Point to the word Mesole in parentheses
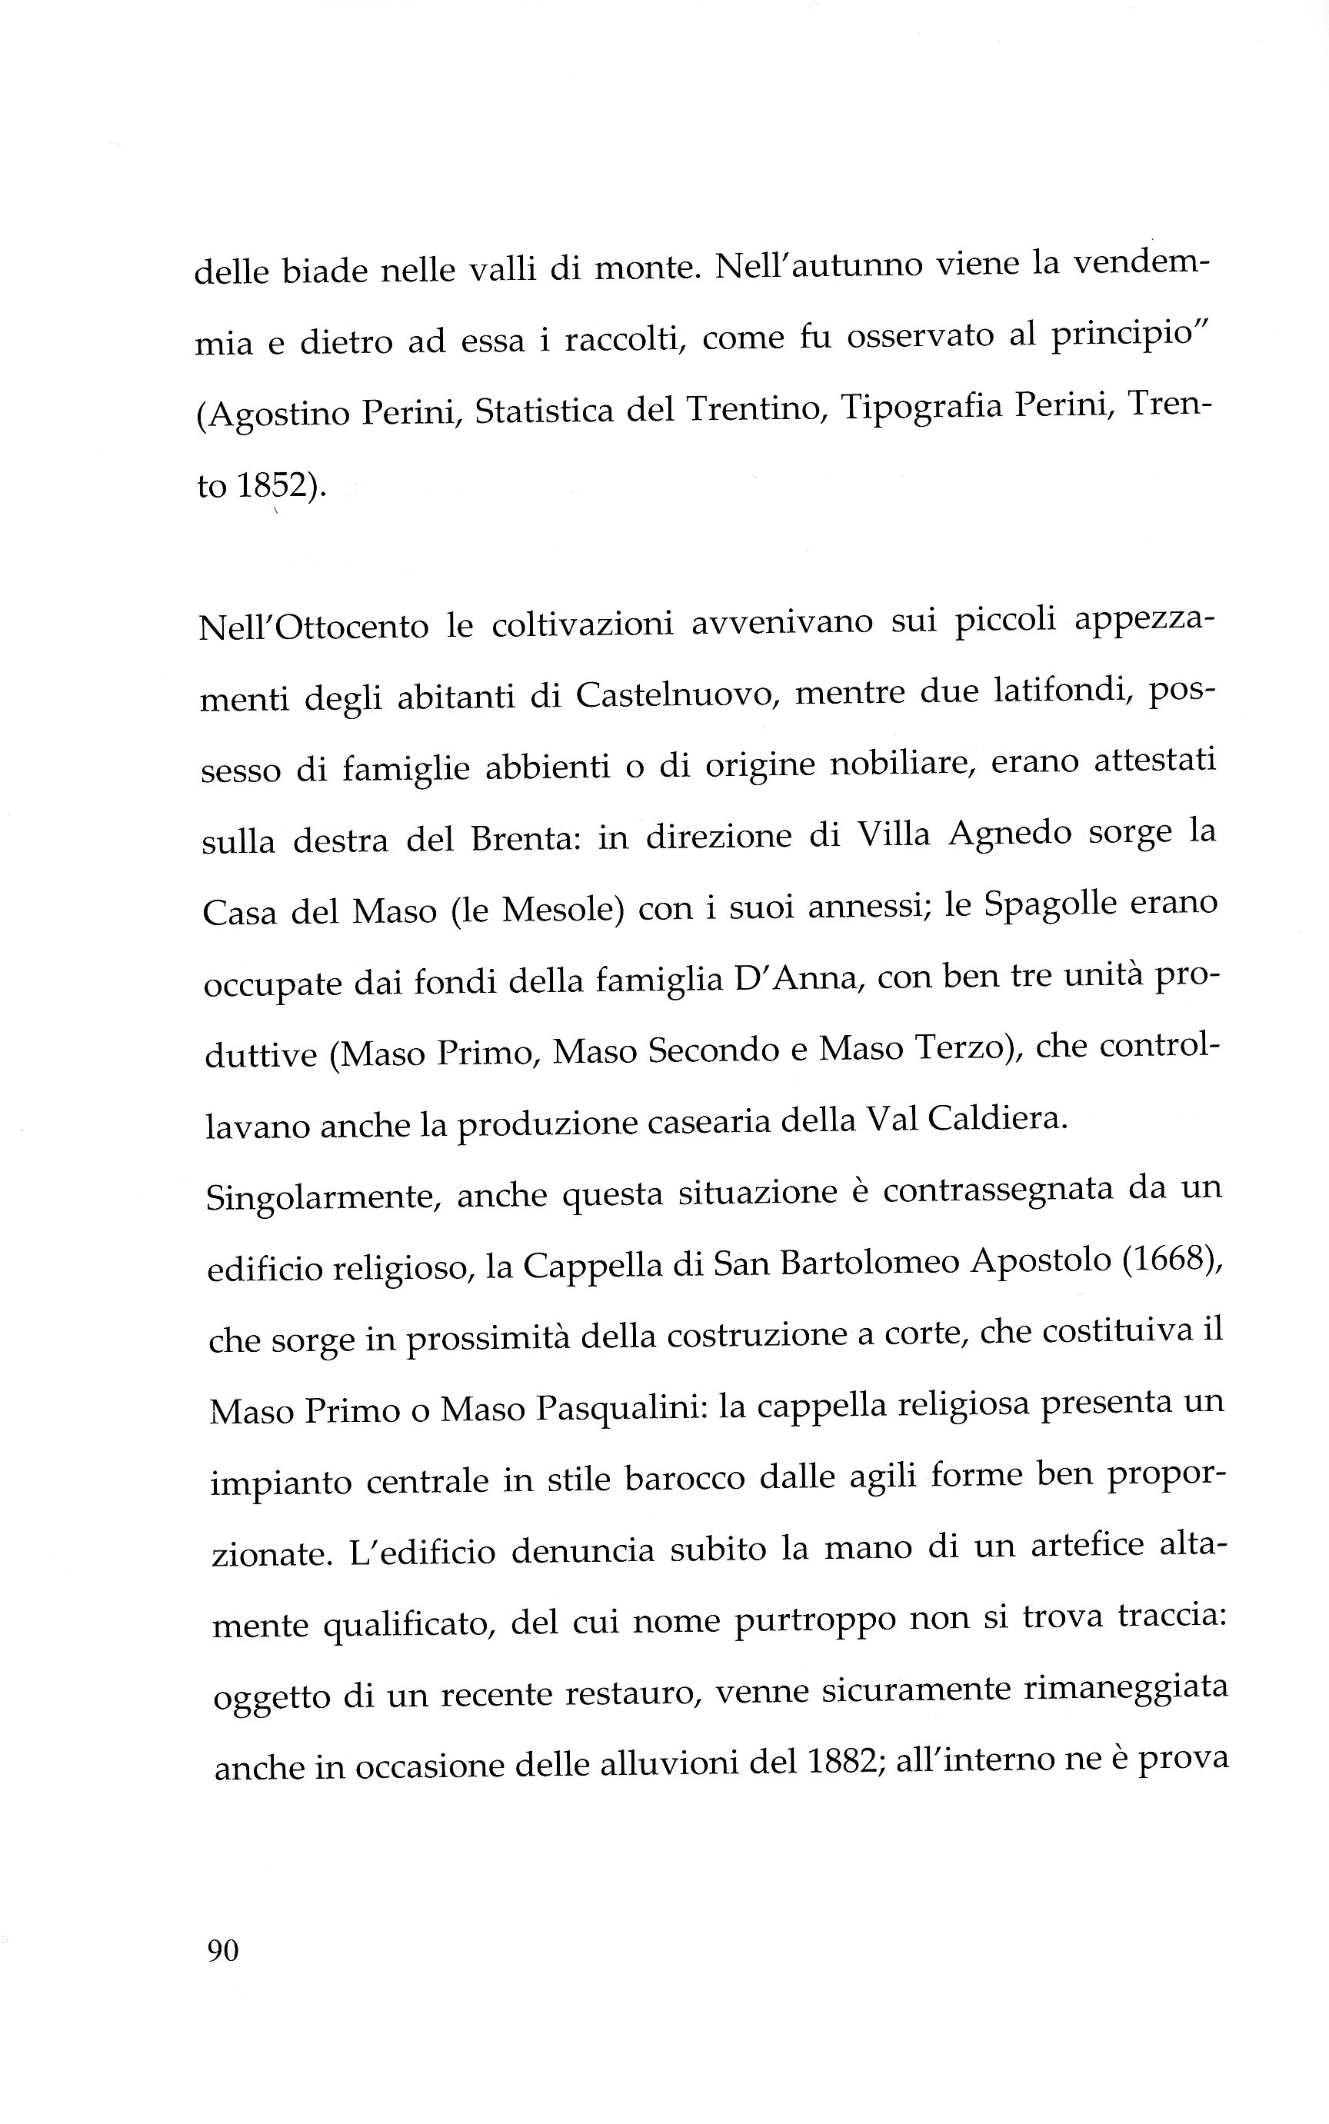(x=556, y=911)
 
